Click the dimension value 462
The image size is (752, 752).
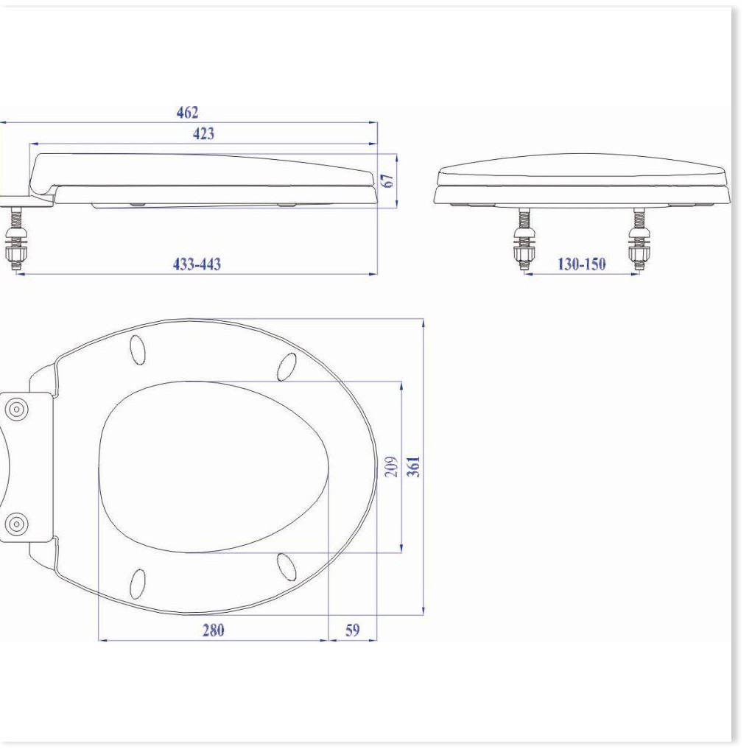[187, 112]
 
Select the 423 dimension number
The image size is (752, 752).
[203, 134]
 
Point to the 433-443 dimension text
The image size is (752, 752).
[197, 264]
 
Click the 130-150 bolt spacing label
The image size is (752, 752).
[581, 264]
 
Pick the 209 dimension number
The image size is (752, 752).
[392, 467]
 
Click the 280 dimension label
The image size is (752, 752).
[213, 630]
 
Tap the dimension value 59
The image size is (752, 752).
[353, 630]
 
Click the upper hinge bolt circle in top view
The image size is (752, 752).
[17, 410]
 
